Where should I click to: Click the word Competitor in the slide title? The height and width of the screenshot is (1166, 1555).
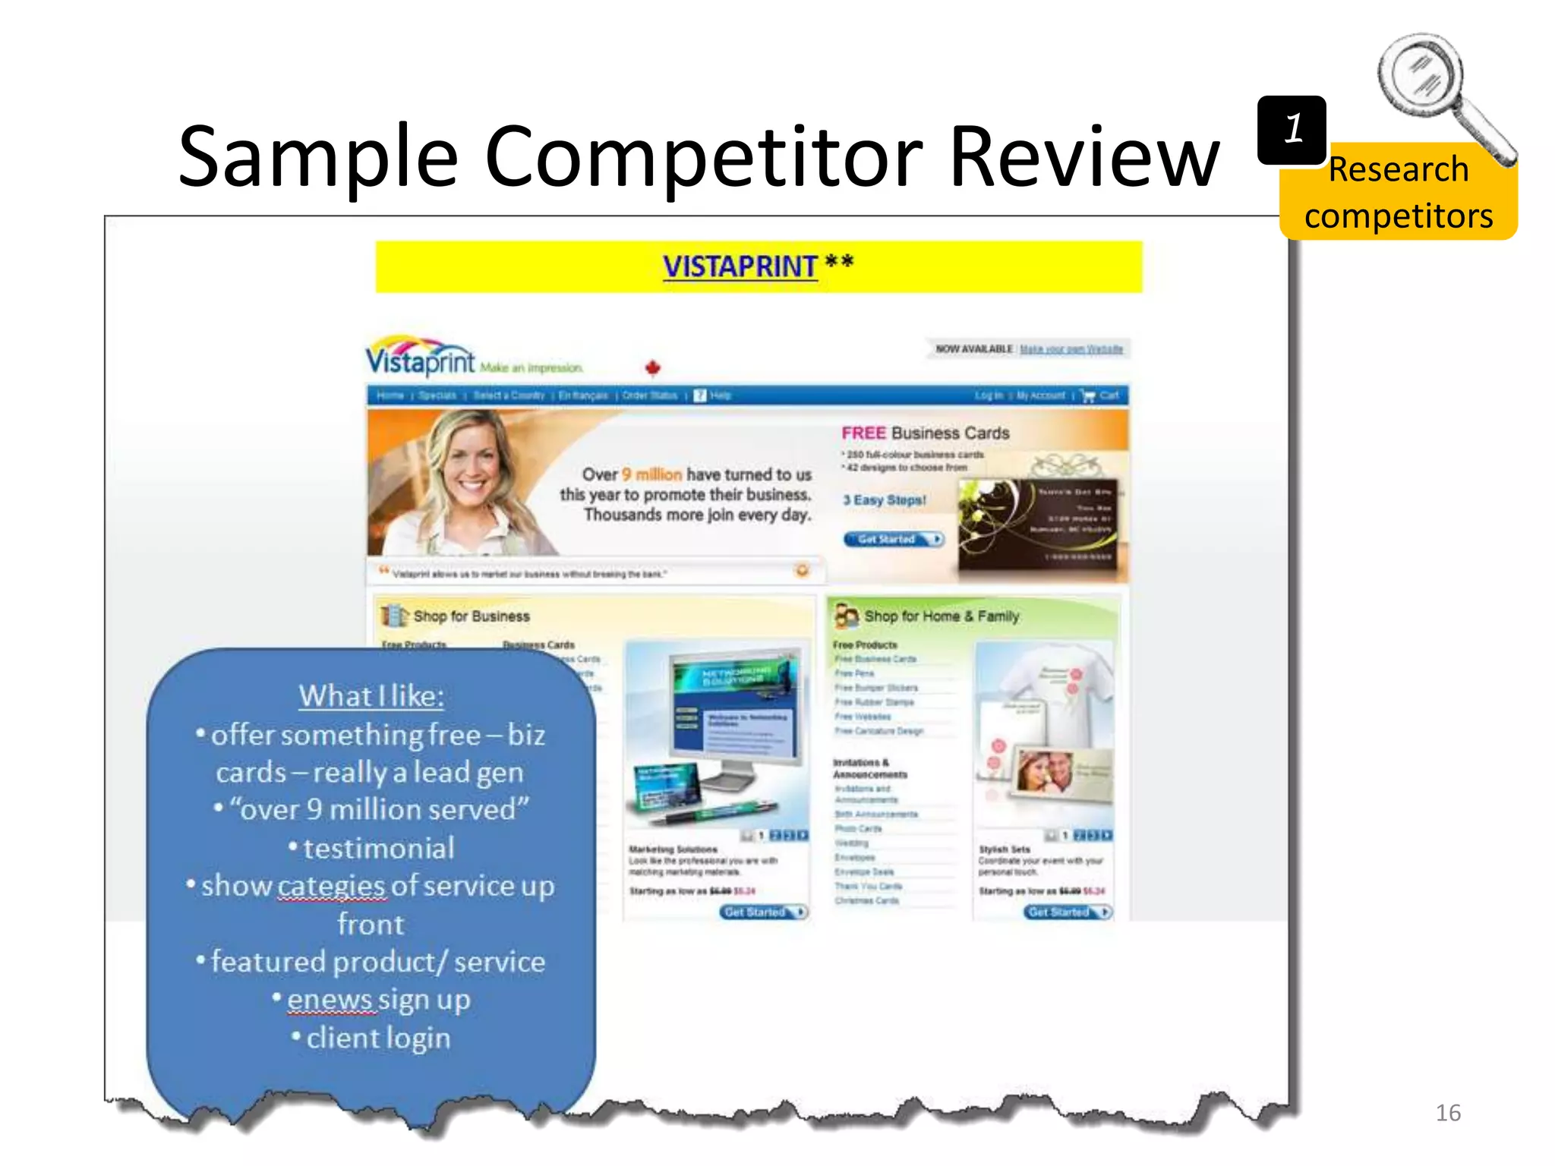pos(703,158)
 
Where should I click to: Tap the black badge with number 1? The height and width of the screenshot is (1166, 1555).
pos(1292,130)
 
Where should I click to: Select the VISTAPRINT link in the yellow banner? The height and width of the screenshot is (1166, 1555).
pos(740,266)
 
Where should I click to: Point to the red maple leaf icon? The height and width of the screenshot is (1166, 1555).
pos(652,368)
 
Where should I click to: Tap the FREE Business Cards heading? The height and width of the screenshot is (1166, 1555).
pos(925,433)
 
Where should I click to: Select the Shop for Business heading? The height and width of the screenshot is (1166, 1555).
pos(471,616)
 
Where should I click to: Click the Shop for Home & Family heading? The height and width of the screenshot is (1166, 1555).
pos(941,616)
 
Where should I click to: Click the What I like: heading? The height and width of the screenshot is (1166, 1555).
pos(371,696)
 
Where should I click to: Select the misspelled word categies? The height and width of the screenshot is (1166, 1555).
pos(332,886)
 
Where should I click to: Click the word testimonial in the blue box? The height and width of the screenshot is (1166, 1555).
pos(378,848)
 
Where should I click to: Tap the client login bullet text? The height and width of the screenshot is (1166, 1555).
pos(378,1038)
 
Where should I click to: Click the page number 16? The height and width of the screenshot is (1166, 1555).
pos(1447,1113)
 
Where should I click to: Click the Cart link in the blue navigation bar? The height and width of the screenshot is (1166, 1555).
pos(1109,395)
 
